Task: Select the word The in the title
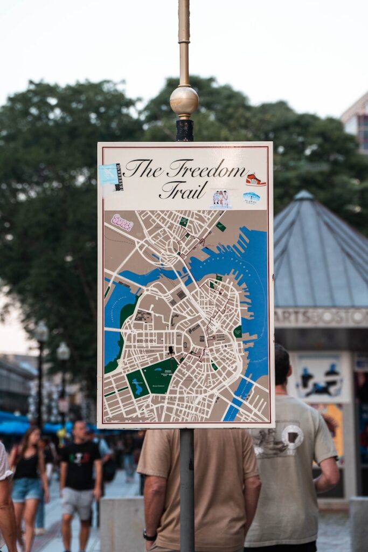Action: [x=143, y=169]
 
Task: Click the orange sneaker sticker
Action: [x=255, y=180]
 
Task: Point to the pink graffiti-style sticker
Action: [x=122, y=222]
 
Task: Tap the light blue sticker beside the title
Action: [x=109, y=174]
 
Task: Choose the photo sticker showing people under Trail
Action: [x=220, y=198]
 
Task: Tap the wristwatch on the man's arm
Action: [x=149, y=535]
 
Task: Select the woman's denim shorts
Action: [x=26, y=489]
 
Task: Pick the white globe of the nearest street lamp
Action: [x=63, y=352]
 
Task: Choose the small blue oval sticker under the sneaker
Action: [x=251, y=197]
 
